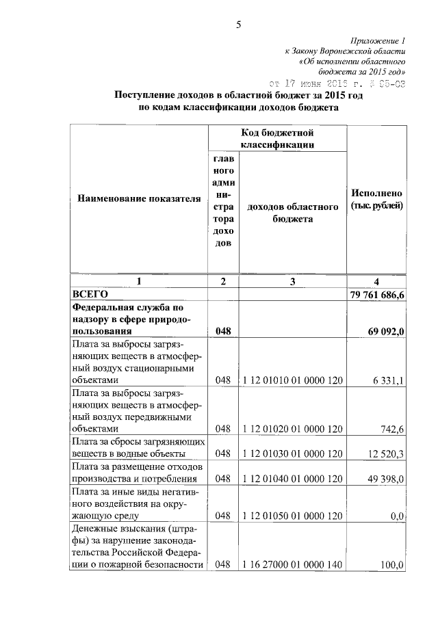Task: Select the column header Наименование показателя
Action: (x=139, y=199)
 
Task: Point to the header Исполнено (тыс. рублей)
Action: (x=376, y=199)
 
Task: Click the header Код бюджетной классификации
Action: (x=277, y=138)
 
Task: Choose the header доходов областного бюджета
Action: (x=293, y=213)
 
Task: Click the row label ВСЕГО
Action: (x=91, y=293)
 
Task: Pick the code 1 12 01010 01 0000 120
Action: (x=292, y=380)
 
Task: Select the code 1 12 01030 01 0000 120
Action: (x=292, y=453)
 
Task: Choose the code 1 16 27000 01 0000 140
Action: (x=292, y=565)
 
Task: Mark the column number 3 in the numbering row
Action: (x=293, y=281)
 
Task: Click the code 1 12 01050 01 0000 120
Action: (x=292, y=516)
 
